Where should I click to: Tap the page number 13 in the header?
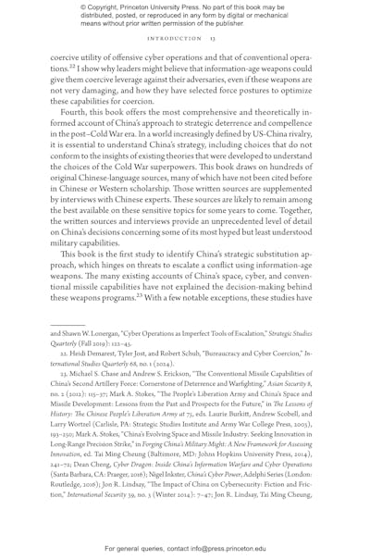point(212,40)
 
